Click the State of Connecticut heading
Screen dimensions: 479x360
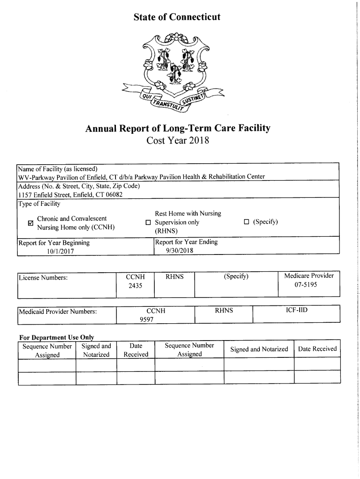click(x=176, y=17)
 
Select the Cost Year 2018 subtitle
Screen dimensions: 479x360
click(x=176, y=140)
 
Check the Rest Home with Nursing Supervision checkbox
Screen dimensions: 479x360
click(x=148, y=223)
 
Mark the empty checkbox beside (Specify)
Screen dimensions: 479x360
click(x=246, y=222)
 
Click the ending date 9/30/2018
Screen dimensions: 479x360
click(x=180, y=250)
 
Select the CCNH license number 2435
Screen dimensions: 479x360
click(x=135, y=285)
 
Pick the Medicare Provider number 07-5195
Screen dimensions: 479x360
click(x=309, y=284)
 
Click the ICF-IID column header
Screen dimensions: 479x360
click(x=296, y=310)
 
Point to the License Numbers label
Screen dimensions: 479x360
click(x=43, y=278)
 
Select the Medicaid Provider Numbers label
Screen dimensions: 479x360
click(x=58, y=311)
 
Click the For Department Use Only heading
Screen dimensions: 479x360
click(x=56, y=337)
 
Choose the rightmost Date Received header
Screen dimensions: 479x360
click(x=317, y=349)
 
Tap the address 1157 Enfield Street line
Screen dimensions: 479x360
click(x=70, y=195)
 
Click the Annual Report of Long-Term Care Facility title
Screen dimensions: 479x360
click(x=176, y=128)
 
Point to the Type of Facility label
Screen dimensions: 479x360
click(x=39, y=203)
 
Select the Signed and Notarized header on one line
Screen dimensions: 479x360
click(x=259, y=349)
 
